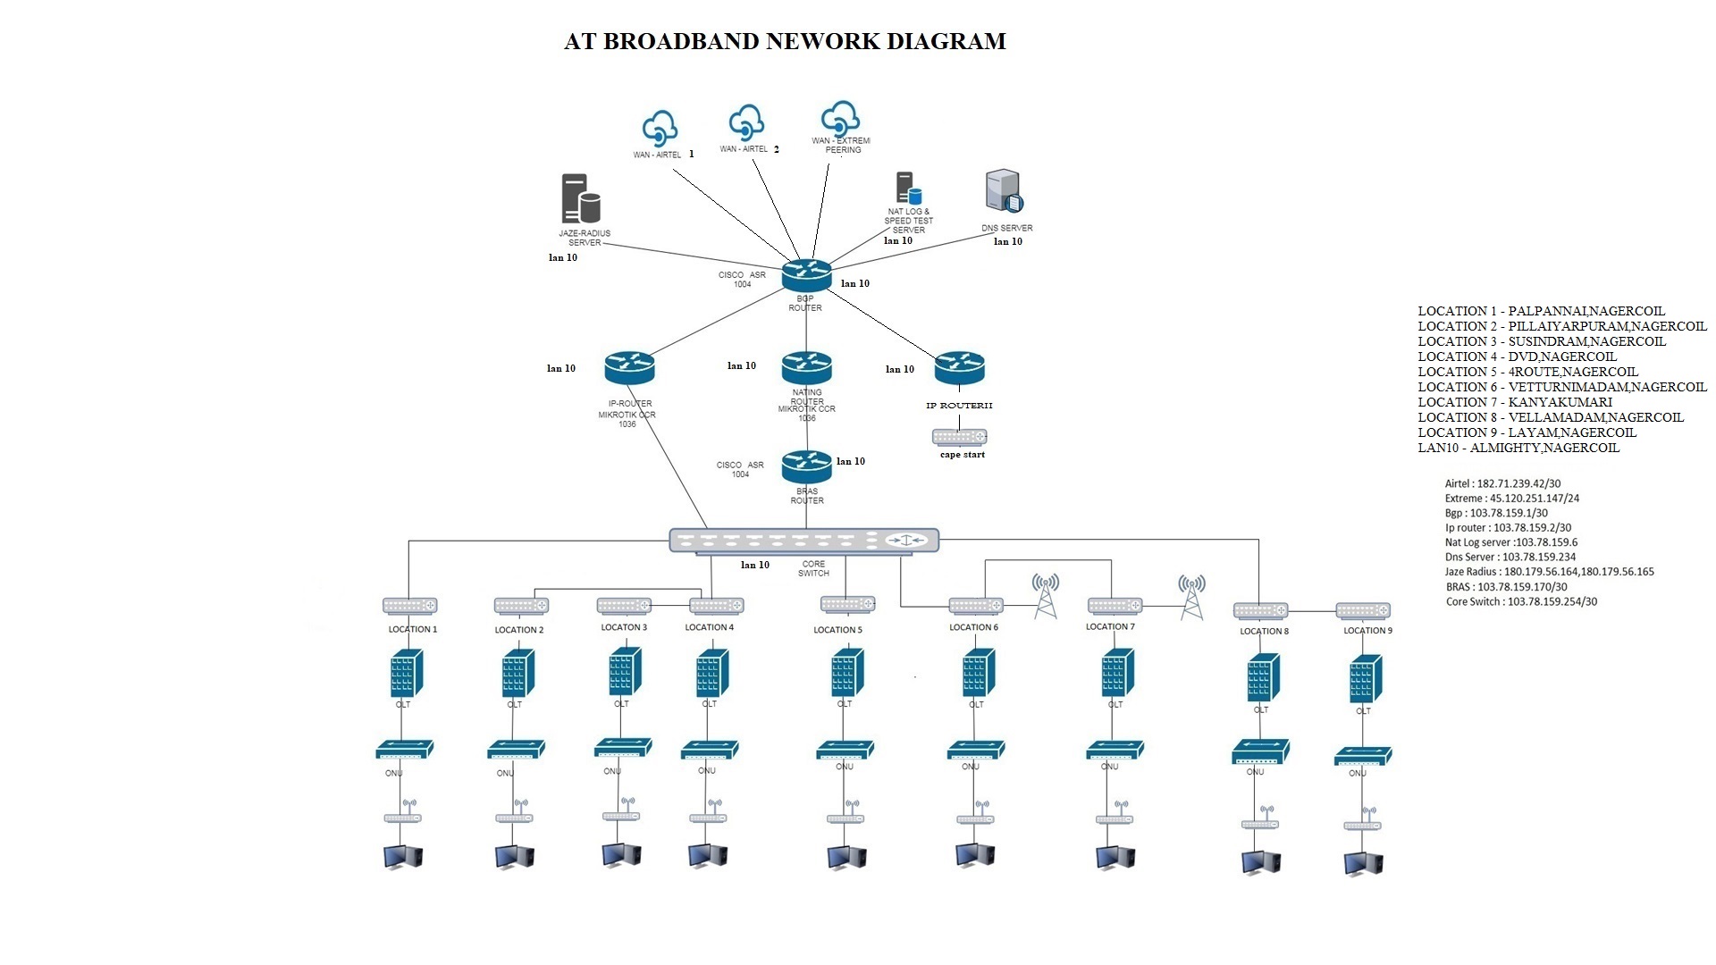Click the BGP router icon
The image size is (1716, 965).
coord(806,275)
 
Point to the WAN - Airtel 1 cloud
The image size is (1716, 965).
coord(660,128)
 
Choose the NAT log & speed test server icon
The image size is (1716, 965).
coord(908,189)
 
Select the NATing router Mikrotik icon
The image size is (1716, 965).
coord(806,368)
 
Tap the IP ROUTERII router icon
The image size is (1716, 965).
coord(959,368)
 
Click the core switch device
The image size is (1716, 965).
coord(803,541)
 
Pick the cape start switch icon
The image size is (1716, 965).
coord(959,437)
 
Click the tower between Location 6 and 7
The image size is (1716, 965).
coord(1045,596)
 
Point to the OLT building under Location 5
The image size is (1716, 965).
coord(845,673)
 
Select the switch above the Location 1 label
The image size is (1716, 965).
coord(409,606)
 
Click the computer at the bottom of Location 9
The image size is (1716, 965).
coord(1363,862)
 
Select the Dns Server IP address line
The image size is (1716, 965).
coord(1510,557)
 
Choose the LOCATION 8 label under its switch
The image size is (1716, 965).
coord(1264,631)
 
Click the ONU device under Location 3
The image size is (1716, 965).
coord(623,749)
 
